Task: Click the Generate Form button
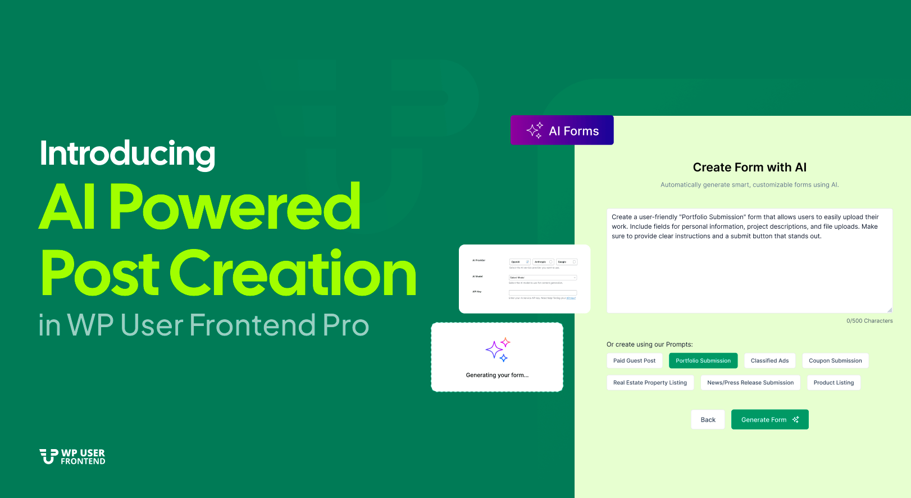(x=769, y=419)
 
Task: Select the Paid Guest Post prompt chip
(x=634, y=361)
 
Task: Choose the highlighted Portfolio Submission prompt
(x=703, y=361)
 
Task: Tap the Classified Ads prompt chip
(x=769, y=361)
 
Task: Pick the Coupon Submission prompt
(x=835, y=361)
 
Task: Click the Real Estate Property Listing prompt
(x=650, y=383)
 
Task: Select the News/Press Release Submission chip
(x=750, y=383)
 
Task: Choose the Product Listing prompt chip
(x=833, y=383)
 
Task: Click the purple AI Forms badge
(x=562, y=130)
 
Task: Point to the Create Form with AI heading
(x=749, y=167)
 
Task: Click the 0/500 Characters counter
(x=869, y=321)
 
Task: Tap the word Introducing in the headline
(x=127, y=153)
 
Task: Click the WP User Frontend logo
(x=72, y=456)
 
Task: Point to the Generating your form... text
(x=497, y=375)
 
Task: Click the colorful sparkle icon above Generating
(x=497, y=350)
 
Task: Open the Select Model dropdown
(x=543, y=278)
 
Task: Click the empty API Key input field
(x=543, y=293)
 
